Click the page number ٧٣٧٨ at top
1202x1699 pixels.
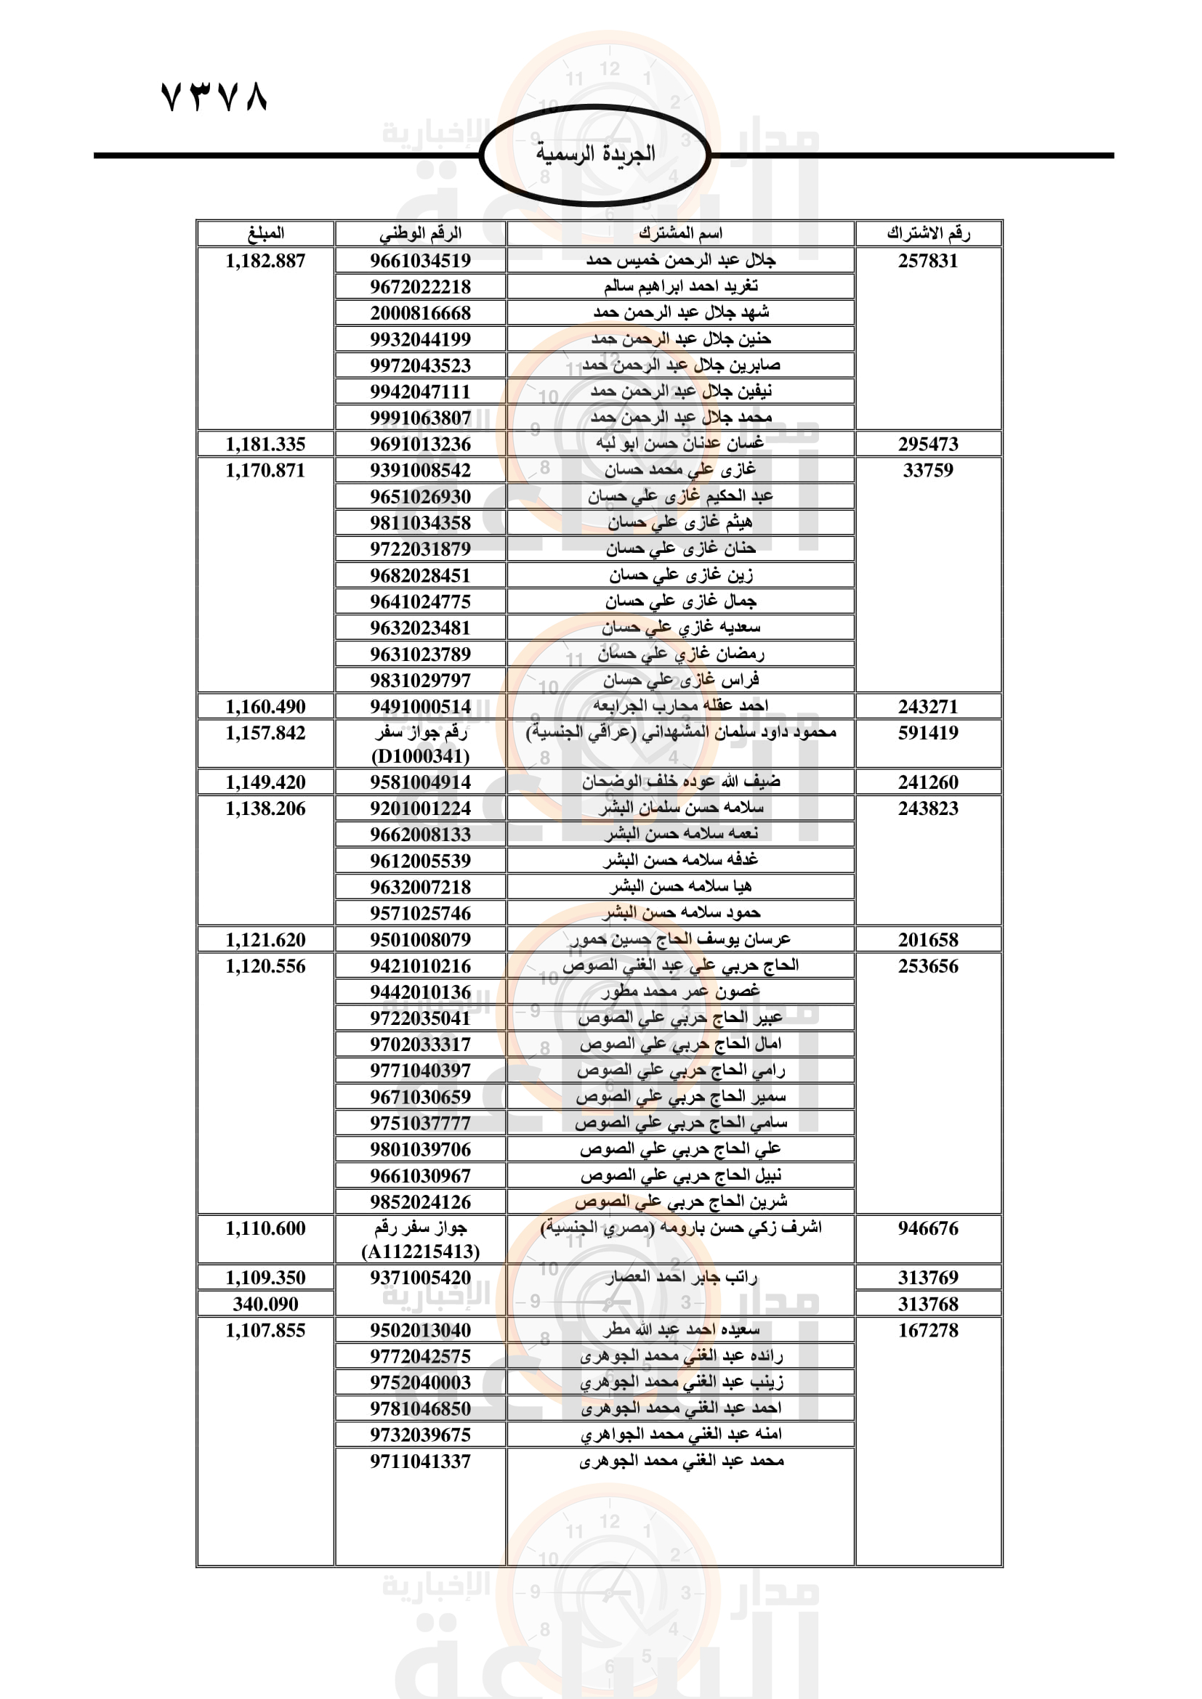tap(213, 97)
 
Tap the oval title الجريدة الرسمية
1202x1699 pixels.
tap(595, 154)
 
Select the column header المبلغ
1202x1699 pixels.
tap(265, 233)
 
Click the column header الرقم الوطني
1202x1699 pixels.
tap(420, 233)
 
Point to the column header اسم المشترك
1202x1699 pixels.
tap(680, 233)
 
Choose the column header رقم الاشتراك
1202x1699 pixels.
tap(928, 233)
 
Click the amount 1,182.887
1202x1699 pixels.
tap(265, 261)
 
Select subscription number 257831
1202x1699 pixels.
tap(928, 261)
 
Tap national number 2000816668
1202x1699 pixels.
tap(420, 313)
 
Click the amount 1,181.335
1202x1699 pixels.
tap(265, 444)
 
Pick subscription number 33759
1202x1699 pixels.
tap(928, 470)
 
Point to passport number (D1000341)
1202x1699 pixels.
tap(420, 756)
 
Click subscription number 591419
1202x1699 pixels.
tap(928, 733)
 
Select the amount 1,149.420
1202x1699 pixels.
tap(265, 782)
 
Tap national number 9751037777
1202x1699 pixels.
tap(420, 1122)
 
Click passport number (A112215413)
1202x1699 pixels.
tap(420, 1252)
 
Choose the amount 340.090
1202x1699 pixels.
tap(265, 1304)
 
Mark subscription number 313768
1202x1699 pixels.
tap(928, 1304)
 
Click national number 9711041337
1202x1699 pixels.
tap(420, 1461)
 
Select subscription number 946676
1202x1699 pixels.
tap(928, 1228)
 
